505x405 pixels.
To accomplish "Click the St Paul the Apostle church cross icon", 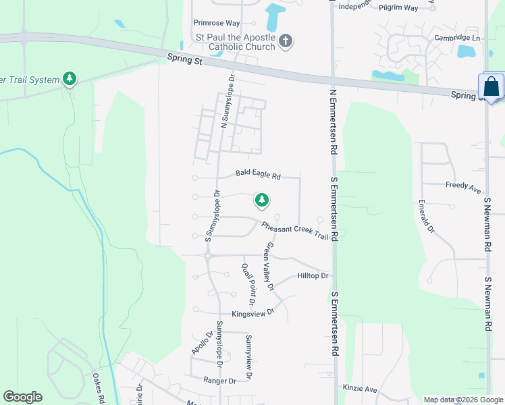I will point(285,41).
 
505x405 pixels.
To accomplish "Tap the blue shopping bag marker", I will point(491,86).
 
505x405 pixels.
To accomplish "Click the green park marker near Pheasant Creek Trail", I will point(261,200).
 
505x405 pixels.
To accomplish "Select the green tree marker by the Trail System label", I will point(69,80).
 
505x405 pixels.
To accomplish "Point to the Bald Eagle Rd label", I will point(258,174).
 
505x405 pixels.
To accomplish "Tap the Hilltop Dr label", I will point(313,276).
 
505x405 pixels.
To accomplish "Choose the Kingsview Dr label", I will point(253,313).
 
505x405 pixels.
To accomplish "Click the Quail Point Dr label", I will point(248,283).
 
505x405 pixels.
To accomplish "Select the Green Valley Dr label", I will point(270,267).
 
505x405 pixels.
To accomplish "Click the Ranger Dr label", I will point(219,381).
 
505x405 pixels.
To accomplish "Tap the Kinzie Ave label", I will point(360,389).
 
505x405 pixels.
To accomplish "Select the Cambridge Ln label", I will point(457,38).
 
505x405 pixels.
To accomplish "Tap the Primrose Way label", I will point(216,22).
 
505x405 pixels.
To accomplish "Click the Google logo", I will point(22,397).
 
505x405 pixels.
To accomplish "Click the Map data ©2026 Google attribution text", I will point(463,400).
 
